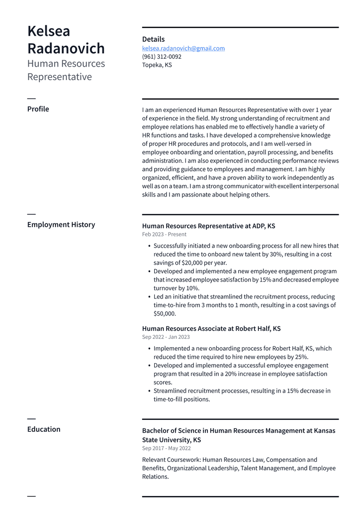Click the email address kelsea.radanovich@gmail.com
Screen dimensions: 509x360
(x=183, y=48)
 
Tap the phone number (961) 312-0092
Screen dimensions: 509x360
(x=162, y=57)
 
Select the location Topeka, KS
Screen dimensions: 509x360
(x=157, y=65)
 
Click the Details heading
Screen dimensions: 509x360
(x=153, y=39)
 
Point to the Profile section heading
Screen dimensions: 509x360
(x=38, y=109)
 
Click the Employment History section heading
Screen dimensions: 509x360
(x=61, y=224)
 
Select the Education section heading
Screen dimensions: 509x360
(x=44, y=429)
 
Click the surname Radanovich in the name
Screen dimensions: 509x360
(x=66, y=48)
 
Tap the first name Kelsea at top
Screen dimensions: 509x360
(x=49, y=31)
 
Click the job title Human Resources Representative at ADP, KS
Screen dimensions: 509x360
(x=208, y=226)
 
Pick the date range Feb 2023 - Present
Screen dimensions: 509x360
(x=164, y=234)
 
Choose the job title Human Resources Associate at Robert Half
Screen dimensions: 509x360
(x=211, y=328)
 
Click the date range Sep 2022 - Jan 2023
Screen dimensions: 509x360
(x=166, y=337)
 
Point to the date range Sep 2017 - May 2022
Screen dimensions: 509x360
(x=166, y=448)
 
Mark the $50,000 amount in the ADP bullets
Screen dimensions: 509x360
(x=164, y=313)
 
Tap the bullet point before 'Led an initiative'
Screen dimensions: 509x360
(x=149, y=297)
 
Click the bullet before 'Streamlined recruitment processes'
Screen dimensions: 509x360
(x=149, y=391)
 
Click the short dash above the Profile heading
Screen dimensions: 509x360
(x=31, y=99)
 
